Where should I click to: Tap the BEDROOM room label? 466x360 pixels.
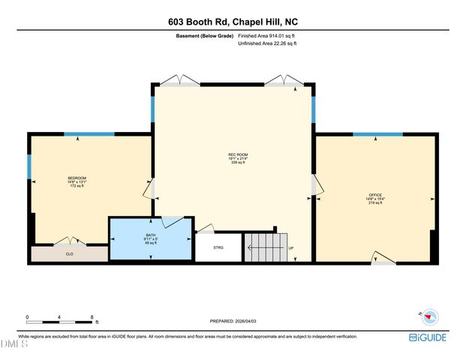click(x=77, y=178)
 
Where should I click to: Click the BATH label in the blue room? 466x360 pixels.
click(x=151, y=235)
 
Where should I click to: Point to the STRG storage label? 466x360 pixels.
click(x=218, y=247)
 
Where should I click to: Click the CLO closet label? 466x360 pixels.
click(x=69, y=254)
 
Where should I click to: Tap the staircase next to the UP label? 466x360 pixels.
click(x=266, y=247)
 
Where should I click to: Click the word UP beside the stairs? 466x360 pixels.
click(x=290, y=248)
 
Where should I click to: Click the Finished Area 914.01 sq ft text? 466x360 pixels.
click(x=267, y=35)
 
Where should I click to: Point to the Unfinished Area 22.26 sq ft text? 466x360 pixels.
click(x=267, y=44)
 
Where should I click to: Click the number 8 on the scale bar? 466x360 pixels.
click(x=92, y=317)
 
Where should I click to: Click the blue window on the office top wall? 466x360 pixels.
click(x=377, y=134)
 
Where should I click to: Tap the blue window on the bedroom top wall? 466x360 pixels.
click(x=89, y=134)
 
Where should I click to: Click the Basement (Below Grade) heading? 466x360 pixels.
click(x=205, y=35)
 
